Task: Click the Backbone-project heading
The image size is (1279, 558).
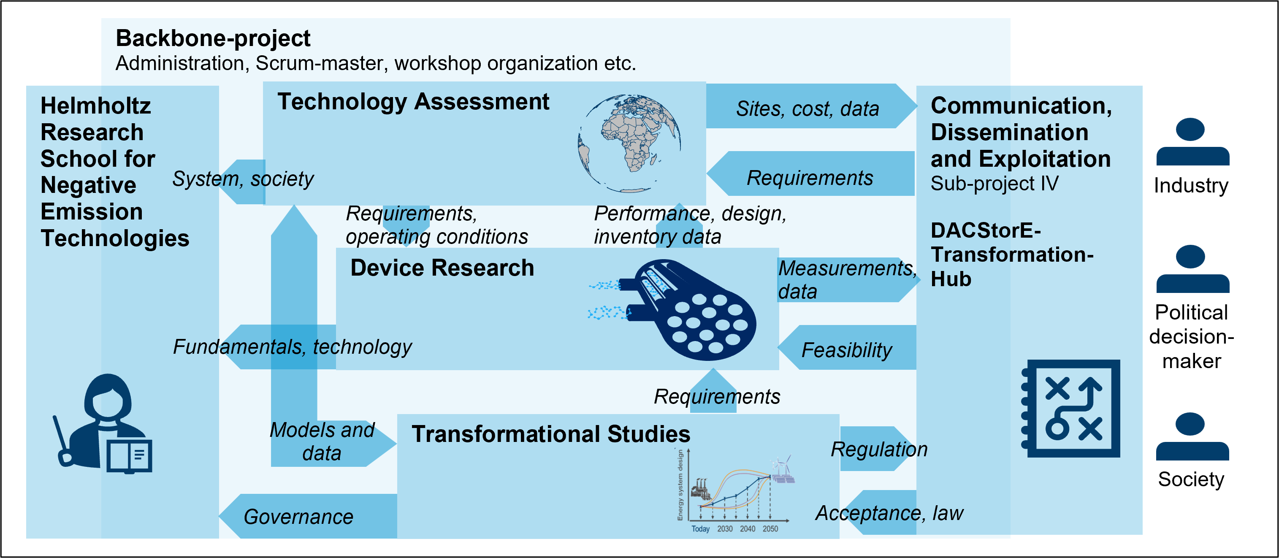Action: pyautogui.click(x=213, y=38)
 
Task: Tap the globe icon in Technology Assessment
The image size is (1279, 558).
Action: pyautogui.click(x=629, y=144)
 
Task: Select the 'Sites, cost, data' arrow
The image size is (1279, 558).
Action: pyautogui.click(x=811, y=106)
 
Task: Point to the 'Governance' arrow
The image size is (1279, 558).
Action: pyautogui.click(x=308, y=516)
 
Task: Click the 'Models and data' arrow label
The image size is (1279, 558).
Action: pyautogui.click(x=322, y=442)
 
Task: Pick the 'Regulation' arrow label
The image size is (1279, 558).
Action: pyautogui.click(x=879, y=449)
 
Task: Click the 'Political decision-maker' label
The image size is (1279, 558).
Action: pyautogui.click(x=1191, y=336)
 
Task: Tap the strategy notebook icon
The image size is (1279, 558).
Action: pyautogui.click(x=1070, y=408)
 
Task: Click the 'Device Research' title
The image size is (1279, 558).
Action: pyautogui.click(x=442, y=268)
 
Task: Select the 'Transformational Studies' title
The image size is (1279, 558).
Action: pyautogui.click(x=550, y=433)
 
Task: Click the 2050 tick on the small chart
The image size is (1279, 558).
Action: pyautogui.click(x=770, y=529)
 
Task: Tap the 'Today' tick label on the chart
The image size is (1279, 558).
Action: pyautogui.click(x=700, y=529)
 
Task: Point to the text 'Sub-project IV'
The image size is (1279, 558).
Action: pyautogui.click(x=994, y=184)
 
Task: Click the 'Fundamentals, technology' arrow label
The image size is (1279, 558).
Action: pyautogui.click(x=292, y=347)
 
